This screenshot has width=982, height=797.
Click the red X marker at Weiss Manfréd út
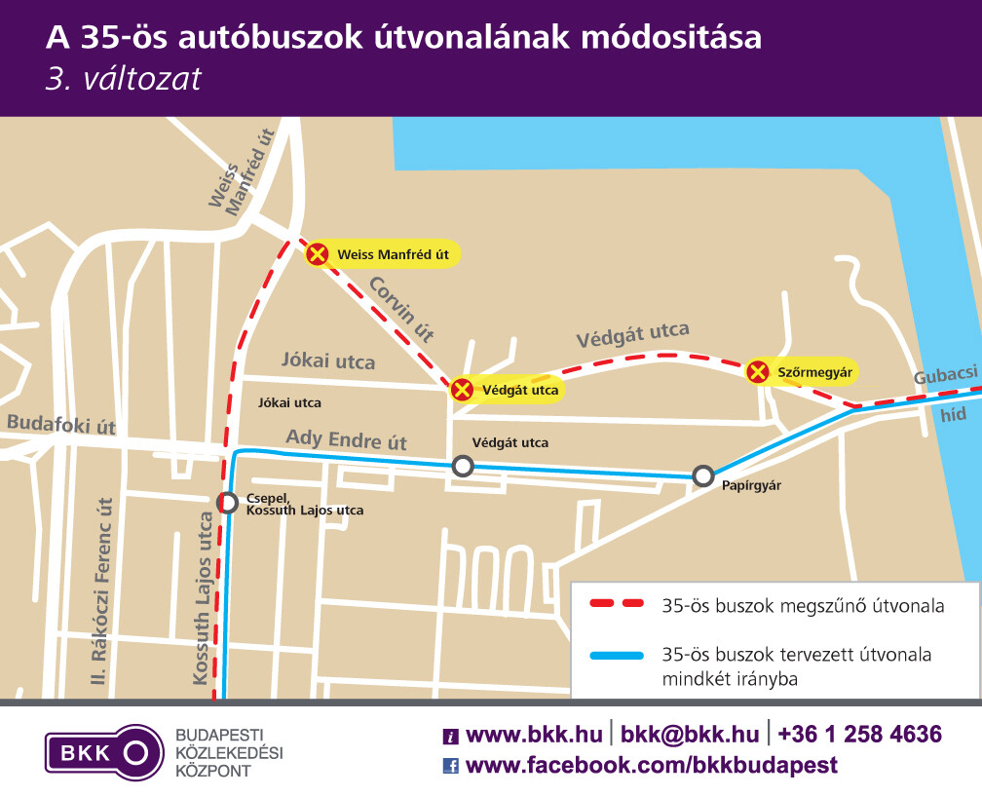[318, 255]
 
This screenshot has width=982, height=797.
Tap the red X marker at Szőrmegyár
[757, 371]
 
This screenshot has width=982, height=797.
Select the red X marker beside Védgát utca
[462, 390]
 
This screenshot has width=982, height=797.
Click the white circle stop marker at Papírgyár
[703, 476]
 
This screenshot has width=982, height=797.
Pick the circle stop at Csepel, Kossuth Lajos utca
[228, 503]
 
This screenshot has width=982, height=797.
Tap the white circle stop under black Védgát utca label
[463, 467]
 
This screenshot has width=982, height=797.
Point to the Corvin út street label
[400, 308]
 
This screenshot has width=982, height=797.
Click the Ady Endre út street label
[345, 439]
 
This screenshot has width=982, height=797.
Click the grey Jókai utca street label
[327, 361]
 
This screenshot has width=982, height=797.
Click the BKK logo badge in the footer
[103, 752]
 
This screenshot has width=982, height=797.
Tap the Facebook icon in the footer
[451, 766]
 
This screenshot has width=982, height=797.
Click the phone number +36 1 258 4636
[860, 735]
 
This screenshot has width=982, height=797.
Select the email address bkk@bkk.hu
[690, 735]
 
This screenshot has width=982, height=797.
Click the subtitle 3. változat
[124, 79]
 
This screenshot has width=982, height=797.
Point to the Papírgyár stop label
[752, 484]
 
